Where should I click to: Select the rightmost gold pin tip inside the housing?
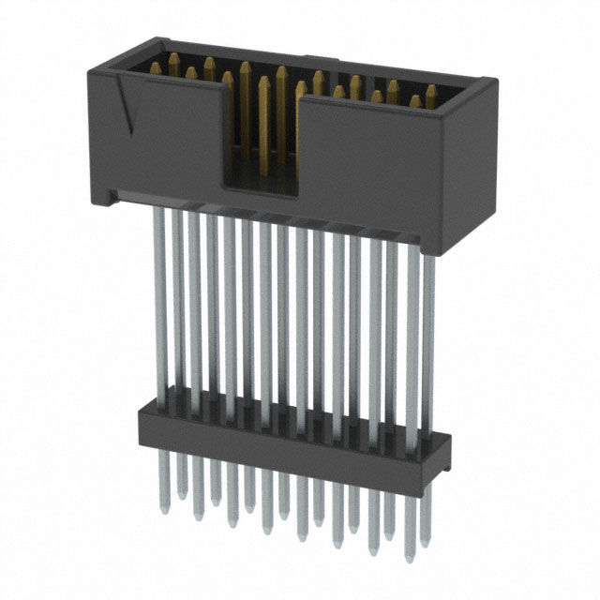click(x=431, y=91)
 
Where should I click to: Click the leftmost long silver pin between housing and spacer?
click(x=160, y=300)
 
